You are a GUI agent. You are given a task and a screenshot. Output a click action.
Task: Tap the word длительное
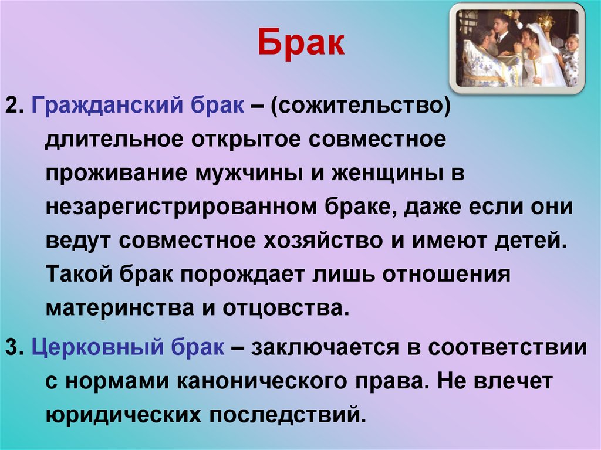coord(117,141)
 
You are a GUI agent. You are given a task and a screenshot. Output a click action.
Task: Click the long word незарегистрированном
coord(179,208)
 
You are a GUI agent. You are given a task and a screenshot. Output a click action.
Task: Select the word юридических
coord(121,415)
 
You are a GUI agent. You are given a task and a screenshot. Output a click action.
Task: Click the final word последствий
coord(288,415)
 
